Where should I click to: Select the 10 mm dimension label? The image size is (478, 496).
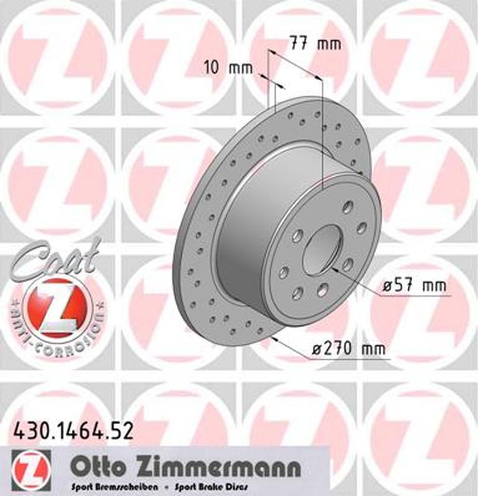click(228, 68)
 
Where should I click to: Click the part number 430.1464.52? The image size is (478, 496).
click(73, 430)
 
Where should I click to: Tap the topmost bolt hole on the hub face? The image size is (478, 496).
click(345, 206)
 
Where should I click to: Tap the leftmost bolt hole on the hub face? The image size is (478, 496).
click(284, 272)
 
